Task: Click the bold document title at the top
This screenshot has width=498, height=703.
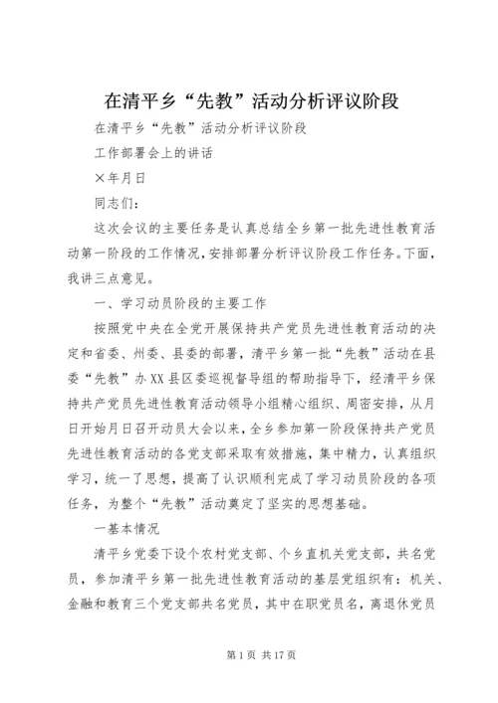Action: [x=249, y=101]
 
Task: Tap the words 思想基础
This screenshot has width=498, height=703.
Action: [x=340, y=502]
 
